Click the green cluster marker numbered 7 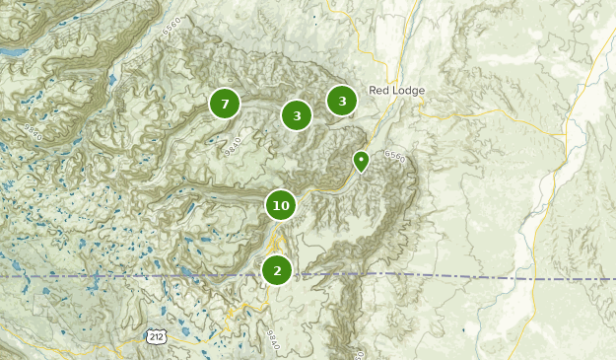click(x=225, y=103)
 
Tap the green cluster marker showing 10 click(x=281, y=205)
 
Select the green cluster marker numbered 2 click(x=278, y=269)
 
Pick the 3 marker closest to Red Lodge click(x=342, y=101)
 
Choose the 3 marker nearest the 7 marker click(x=297, y=115)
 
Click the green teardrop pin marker click(x=362, y=160)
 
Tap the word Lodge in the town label click(x=409, y=91)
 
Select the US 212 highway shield click(x=156, y=336)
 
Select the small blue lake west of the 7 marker click(x=111, y=80)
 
